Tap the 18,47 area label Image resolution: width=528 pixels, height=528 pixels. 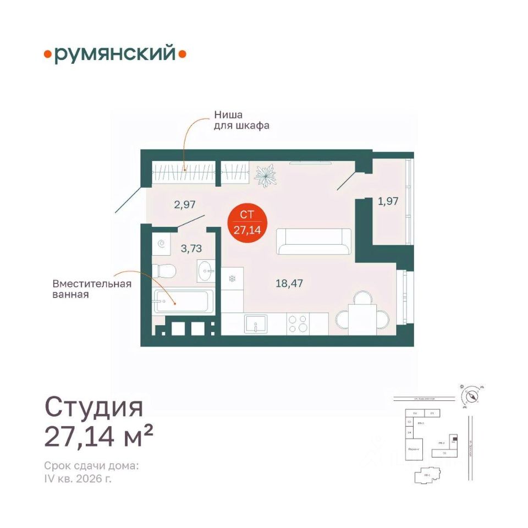tap(290, 284)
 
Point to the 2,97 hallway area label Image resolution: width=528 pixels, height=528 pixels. tap(185, 205)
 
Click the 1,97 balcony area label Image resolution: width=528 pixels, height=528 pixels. tap(388, 201)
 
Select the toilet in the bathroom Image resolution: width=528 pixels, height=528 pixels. tap(164, 270)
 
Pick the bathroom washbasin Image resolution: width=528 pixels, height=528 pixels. tap(208, 271)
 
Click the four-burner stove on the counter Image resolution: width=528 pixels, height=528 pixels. tap(297, 323)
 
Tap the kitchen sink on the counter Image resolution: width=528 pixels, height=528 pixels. tap(255, 323)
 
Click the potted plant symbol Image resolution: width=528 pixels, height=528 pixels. tap(266, 174)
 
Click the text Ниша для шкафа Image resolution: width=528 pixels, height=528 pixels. tap(241, 120)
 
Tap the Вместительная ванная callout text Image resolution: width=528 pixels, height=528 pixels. tap(91, 289)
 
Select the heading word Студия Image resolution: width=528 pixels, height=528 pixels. tap(94, 407)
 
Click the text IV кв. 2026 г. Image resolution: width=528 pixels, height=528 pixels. tap(78, 479)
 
